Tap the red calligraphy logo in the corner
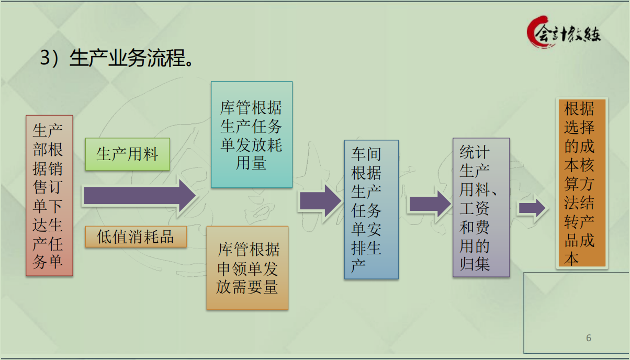[564, 32]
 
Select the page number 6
[589, 338]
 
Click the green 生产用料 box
[127, 154]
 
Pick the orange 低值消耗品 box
[136, 237]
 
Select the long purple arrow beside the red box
[139, 196]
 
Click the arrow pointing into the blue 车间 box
[320, 200]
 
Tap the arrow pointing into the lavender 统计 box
[429, 204]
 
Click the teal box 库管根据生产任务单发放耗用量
[251, 134]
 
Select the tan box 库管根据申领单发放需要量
[247, 268]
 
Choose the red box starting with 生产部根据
[49, 195]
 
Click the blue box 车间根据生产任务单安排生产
[371, 209]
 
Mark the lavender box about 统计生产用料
[481, 207]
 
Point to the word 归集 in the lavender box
[475, 264]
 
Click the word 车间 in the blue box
[366, 154]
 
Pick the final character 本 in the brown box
[572, 259]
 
